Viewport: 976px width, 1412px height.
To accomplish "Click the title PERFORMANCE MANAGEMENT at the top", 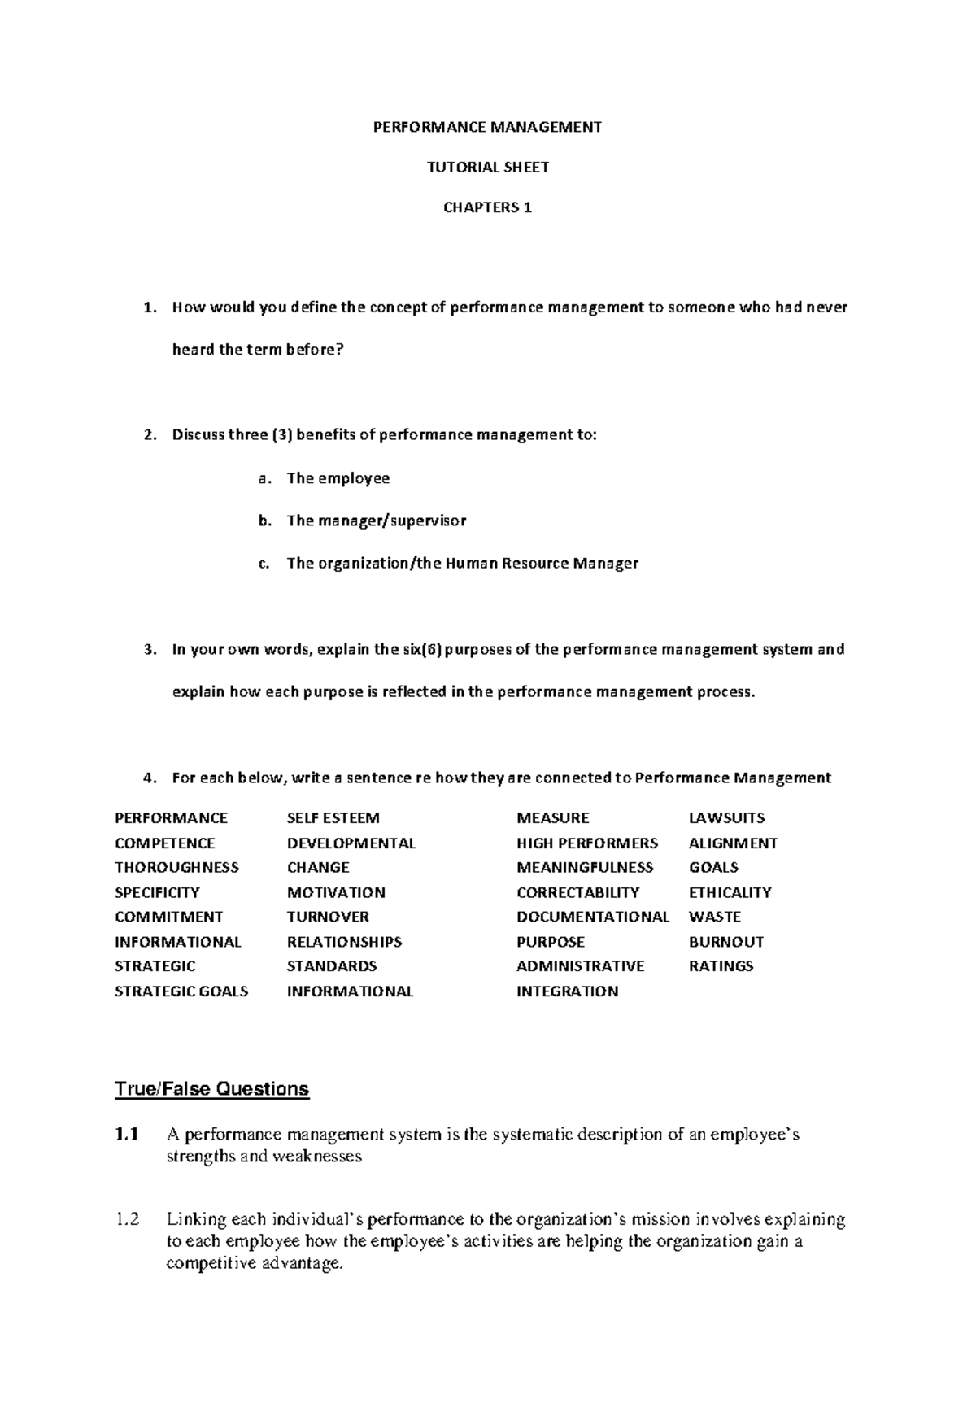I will coord(487,127).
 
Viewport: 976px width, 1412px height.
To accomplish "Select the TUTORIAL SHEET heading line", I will coord(487,168).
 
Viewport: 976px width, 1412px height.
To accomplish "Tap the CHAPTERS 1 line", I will coord(487,207).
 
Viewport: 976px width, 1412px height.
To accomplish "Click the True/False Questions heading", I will coord(211,1088).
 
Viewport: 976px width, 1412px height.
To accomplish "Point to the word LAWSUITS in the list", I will coord(726,818).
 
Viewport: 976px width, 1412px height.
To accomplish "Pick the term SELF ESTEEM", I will coord(333,818).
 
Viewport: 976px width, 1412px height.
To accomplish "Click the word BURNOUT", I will coord(725,942).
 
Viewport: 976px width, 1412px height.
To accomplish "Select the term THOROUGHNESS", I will coord(176,867).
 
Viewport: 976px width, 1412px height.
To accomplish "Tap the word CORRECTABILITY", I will coord(577,892).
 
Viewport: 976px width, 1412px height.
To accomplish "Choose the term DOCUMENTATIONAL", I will coord(592,917).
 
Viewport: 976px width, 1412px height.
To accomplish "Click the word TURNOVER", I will coord(328,917).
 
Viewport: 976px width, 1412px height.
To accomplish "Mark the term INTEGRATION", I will coord(567,991).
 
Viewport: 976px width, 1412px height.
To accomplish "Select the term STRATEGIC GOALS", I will coord(181,991).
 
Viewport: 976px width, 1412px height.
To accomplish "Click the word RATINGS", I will coord(721,966).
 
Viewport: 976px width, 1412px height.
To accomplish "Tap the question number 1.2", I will coord(127,1220).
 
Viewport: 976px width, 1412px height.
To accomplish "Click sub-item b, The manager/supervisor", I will coord(376,521).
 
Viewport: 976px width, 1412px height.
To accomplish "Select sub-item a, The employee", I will coord(338,478).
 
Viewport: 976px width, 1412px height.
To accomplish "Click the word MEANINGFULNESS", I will coord(585,867).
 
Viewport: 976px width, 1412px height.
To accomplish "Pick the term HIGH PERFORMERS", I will coord(586,843).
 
